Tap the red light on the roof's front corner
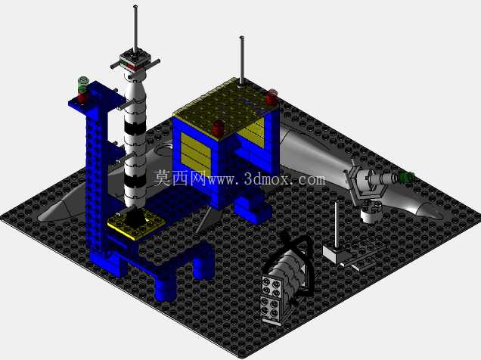tap(219, 128)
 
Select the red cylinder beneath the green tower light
tap(83, 98)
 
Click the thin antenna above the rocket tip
tap(135, 29)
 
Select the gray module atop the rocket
tap(135, 60)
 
